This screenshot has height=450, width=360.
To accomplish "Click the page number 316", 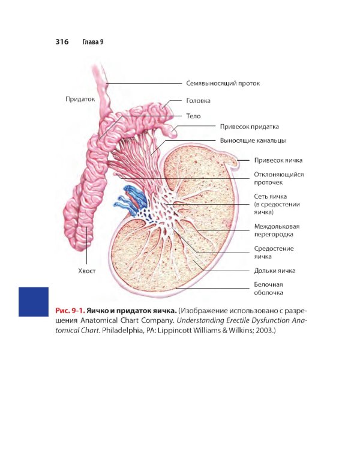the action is tap(62, 42).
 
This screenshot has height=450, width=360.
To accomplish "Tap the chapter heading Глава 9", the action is tap(93, 42).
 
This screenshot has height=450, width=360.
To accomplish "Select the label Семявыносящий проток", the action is tap(223, 83).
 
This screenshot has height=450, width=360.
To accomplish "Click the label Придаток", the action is tap(80, 99).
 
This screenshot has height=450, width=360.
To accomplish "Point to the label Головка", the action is tap(198, 101).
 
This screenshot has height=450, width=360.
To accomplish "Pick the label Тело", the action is tap(193, 116).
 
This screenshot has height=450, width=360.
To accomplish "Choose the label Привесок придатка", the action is tap(249, 127).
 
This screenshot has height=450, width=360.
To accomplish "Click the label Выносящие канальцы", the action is tap(253, 140).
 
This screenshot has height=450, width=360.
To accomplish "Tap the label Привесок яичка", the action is tap(278, 160).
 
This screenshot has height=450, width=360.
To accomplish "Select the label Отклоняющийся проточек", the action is tap(279, 179).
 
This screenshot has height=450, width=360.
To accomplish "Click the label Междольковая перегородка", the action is tap(277, 230).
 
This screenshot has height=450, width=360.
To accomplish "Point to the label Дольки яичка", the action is tap(274, 271).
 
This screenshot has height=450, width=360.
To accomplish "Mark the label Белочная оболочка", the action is tap(268, 289).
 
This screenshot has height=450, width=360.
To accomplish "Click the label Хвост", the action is tap(86, 271).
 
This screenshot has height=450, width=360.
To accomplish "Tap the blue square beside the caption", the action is tap(34, 302).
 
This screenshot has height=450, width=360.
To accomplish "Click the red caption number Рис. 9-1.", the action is tap(70, 311).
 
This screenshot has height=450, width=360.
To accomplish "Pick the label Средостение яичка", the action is tap(274, 253).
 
